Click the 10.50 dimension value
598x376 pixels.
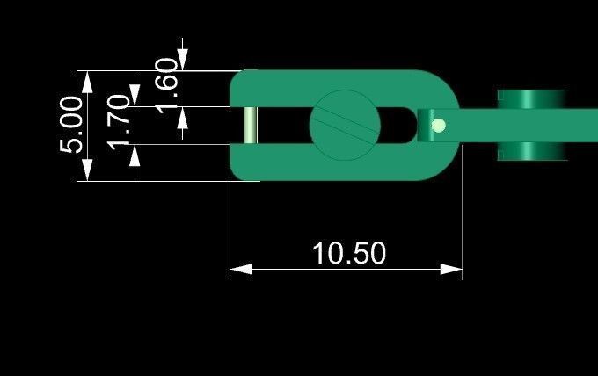pos(349,253)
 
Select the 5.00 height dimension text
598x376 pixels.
pos(74,125)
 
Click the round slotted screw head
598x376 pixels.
pos(345,125)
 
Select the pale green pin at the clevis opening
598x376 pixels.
pos(251,125)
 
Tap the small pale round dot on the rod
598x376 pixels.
pos(439,126)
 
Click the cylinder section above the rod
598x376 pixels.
pos(530,98)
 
